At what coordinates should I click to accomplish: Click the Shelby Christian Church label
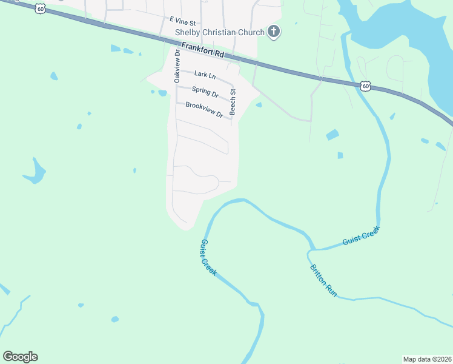[219, 32]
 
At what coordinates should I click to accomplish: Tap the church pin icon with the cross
[274, 32]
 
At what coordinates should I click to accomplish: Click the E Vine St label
[182, 21]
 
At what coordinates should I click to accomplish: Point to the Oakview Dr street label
[177, 66]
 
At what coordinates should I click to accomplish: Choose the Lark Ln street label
[205, 75]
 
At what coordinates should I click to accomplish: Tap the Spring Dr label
[205, 92]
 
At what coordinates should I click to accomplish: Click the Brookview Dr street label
[204, 110]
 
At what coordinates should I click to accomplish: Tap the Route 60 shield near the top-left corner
[39, 8]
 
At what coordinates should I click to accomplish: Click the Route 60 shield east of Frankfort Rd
[365, 86]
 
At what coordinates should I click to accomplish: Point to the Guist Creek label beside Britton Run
[360, 235]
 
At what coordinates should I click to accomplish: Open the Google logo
[20, 356]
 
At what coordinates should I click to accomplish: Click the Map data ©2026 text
[427, 359]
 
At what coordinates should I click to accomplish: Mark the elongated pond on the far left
[35, 172]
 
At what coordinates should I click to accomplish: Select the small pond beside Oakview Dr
[162, 93]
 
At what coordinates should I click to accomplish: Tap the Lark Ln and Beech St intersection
[234, 82]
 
